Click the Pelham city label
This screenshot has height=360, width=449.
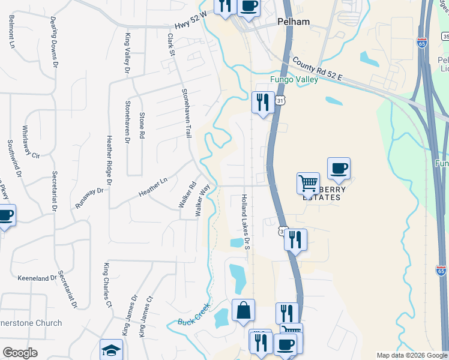294,22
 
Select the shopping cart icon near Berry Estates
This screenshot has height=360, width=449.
308,182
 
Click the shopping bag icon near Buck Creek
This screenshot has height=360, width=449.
243,310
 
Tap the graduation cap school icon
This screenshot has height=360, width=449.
111,350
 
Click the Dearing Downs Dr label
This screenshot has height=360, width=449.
55,43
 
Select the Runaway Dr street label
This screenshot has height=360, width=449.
89,199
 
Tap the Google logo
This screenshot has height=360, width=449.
20,353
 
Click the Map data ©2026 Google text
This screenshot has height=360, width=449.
412,356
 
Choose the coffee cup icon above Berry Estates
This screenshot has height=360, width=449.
339,168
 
